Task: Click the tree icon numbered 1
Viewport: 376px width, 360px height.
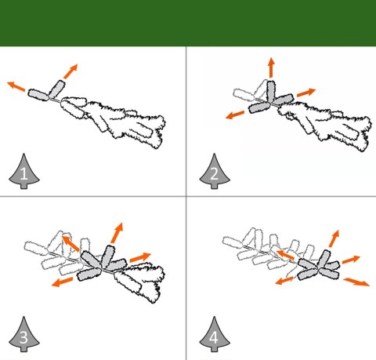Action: (x=24, y=172)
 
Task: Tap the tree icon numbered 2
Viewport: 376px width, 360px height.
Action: (x=215, y=172)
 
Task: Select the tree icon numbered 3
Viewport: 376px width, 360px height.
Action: (x=24, y=335)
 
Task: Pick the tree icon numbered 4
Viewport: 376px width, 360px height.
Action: (x=215, y=335)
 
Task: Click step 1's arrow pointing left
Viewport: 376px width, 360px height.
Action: (x=16, y=86)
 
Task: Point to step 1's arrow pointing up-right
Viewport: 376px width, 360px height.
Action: (x=70, y=71)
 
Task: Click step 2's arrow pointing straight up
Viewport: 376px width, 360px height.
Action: (x=271, y=67)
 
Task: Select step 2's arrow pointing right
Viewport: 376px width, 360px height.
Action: (x=306, y=93)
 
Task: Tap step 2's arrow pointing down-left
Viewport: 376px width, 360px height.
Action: (x=235, y=115)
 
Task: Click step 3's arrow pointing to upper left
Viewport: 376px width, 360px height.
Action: (x=70, y=244)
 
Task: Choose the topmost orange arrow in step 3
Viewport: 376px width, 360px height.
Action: (x=117, y=233)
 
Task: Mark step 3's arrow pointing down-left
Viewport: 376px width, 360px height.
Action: (x=62, y=282)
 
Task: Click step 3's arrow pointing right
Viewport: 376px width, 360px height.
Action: (x=140, y=257)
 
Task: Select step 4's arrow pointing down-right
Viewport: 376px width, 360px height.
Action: (x=356, y=282)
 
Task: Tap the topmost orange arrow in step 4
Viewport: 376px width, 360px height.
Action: (x=334, y=238)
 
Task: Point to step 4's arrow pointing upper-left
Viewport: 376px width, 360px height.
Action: (x=285, y=255)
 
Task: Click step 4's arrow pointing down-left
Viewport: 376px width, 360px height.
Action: (x=284, y=281)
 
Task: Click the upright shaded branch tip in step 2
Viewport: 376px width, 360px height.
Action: (x=271, y=91)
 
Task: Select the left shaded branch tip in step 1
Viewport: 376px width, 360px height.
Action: (x=38, y=94)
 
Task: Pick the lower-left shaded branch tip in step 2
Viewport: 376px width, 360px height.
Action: (x=260, y=107)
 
